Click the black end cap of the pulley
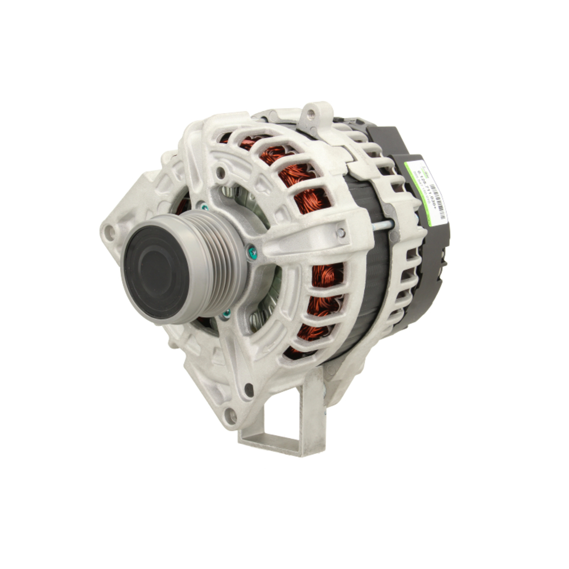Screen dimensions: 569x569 coord(155,267)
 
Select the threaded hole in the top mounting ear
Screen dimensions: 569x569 coord(311,114)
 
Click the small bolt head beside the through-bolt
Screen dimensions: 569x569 coord(340,233)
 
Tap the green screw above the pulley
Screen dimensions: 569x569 coord(203,207)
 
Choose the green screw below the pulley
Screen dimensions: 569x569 coord(226,314)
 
